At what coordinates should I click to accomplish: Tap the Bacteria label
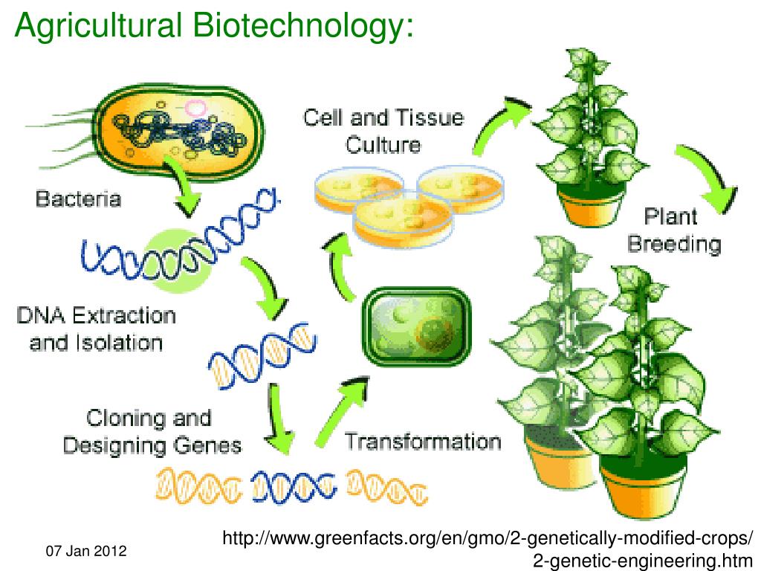pos(77,199)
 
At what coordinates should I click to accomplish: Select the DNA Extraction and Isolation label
pos(97,329)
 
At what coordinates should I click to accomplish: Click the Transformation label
pos(423,442)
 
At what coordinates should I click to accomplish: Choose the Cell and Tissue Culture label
pos(383,130)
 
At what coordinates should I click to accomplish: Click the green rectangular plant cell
pos(418,326)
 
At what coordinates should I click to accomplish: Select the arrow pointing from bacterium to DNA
pos(187,190)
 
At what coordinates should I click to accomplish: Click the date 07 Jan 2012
pos(86,552)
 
